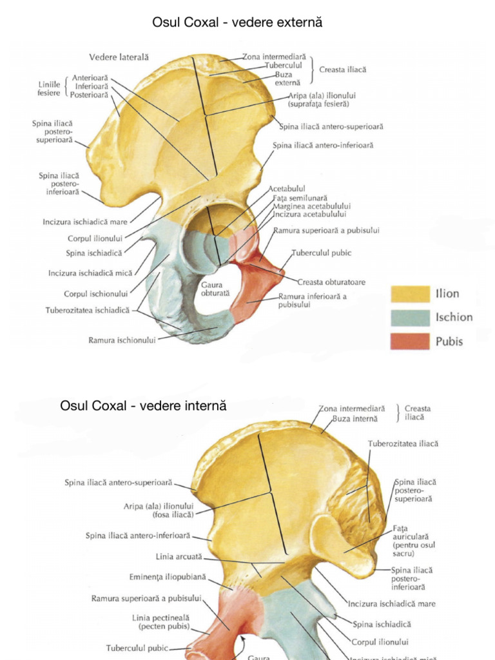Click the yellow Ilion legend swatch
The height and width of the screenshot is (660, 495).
pyautogui.click(x=410, y=294)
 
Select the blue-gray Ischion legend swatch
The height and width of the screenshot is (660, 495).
pyautogui.click(x=410, y=317)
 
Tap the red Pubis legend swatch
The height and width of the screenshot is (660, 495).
pyautogui.click(x=410, y=341)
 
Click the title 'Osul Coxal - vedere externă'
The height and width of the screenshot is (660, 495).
pyautogui.click(x=237, y=23)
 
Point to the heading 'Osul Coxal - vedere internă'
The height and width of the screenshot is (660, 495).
pyautogui.click(x=143, y=406)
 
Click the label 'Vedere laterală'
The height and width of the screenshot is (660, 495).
pyautogui.click(x=119, y=57)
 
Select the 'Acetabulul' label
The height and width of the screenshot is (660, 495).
pyautogui.click(x=287, y=189)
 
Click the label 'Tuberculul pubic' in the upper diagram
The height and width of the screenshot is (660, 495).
pyautogui.click(x=322, y=253)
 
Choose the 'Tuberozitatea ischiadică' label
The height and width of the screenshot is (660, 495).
pyautogui.click(x=87, y=310)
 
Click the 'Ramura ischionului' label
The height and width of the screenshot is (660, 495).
pyautogui.click(x=122, y=340)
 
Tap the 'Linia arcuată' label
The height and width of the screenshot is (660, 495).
pyautogui.click(x=179, y=556)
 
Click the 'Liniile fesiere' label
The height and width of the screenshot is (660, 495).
pyautogui.click(x=49, y=88)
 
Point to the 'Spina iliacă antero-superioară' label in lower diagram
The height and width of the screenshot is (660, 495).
pyautogui.click(x=118, y=482)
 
